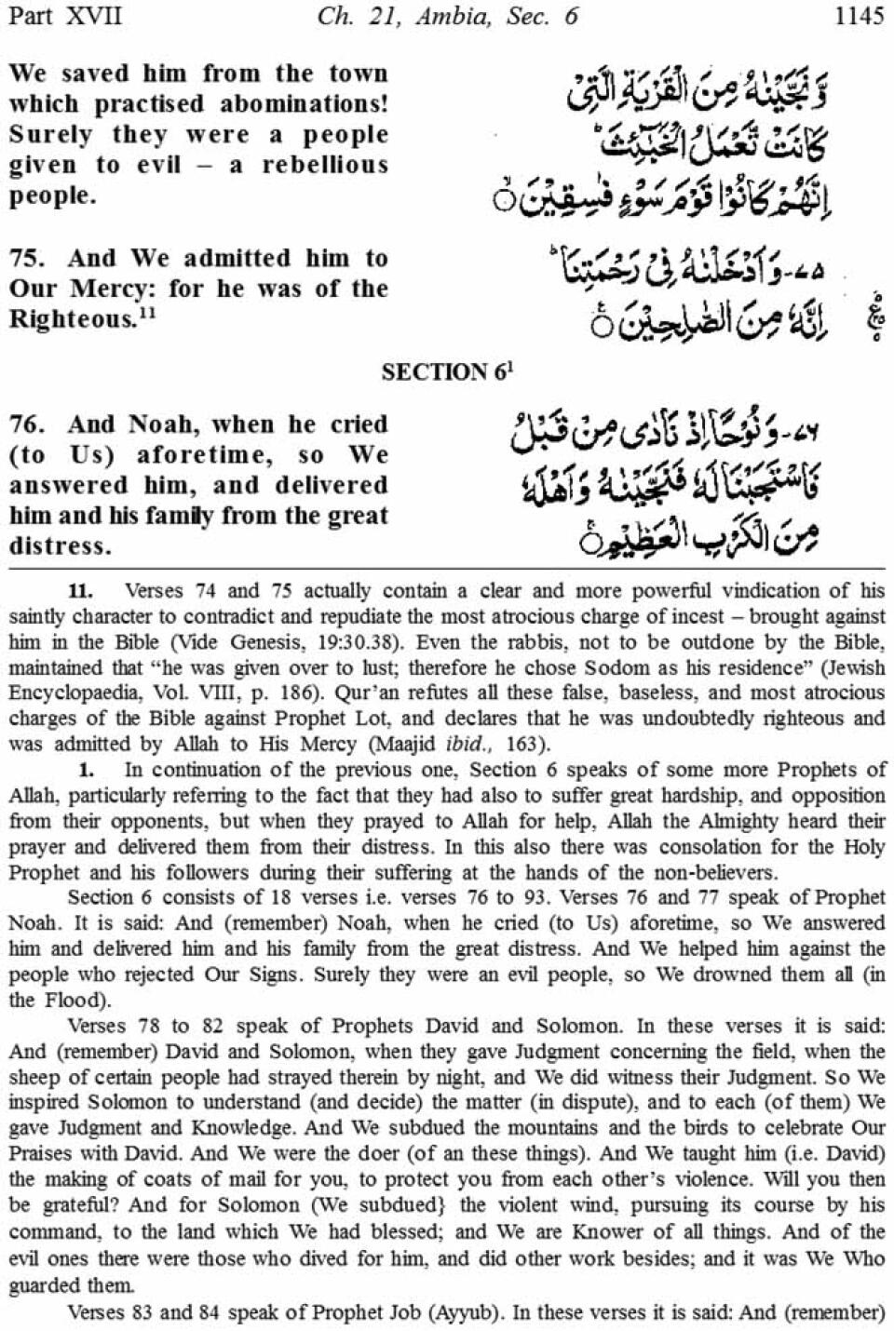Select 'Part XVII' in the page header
tap(63, 16)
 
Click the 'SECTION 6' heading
tap(446, 372)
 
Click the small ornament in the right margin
tap(875, 319)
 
